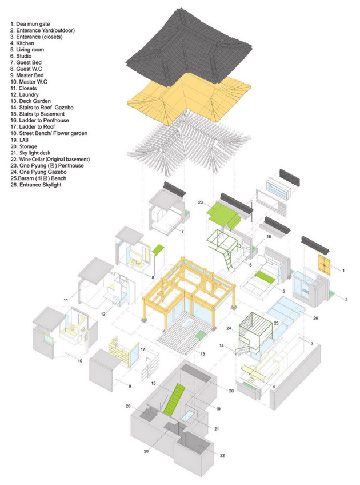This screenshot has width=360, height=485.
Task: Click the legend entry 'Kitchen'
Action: pos(25,43)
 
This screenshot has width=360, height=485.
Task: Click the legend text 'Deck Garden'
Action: pos(33,101)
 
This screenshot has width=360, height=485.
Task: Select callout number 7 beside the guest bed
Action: pos(181,231)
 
